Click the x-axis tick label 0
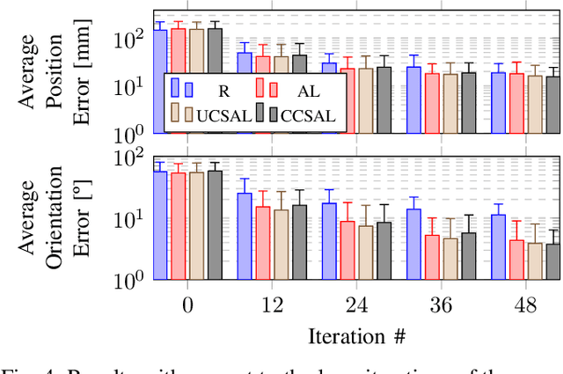tap(187, 305)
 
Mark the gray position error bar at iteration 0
tap(215, 79)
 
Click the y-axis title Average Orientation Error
tap(53, 217)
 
